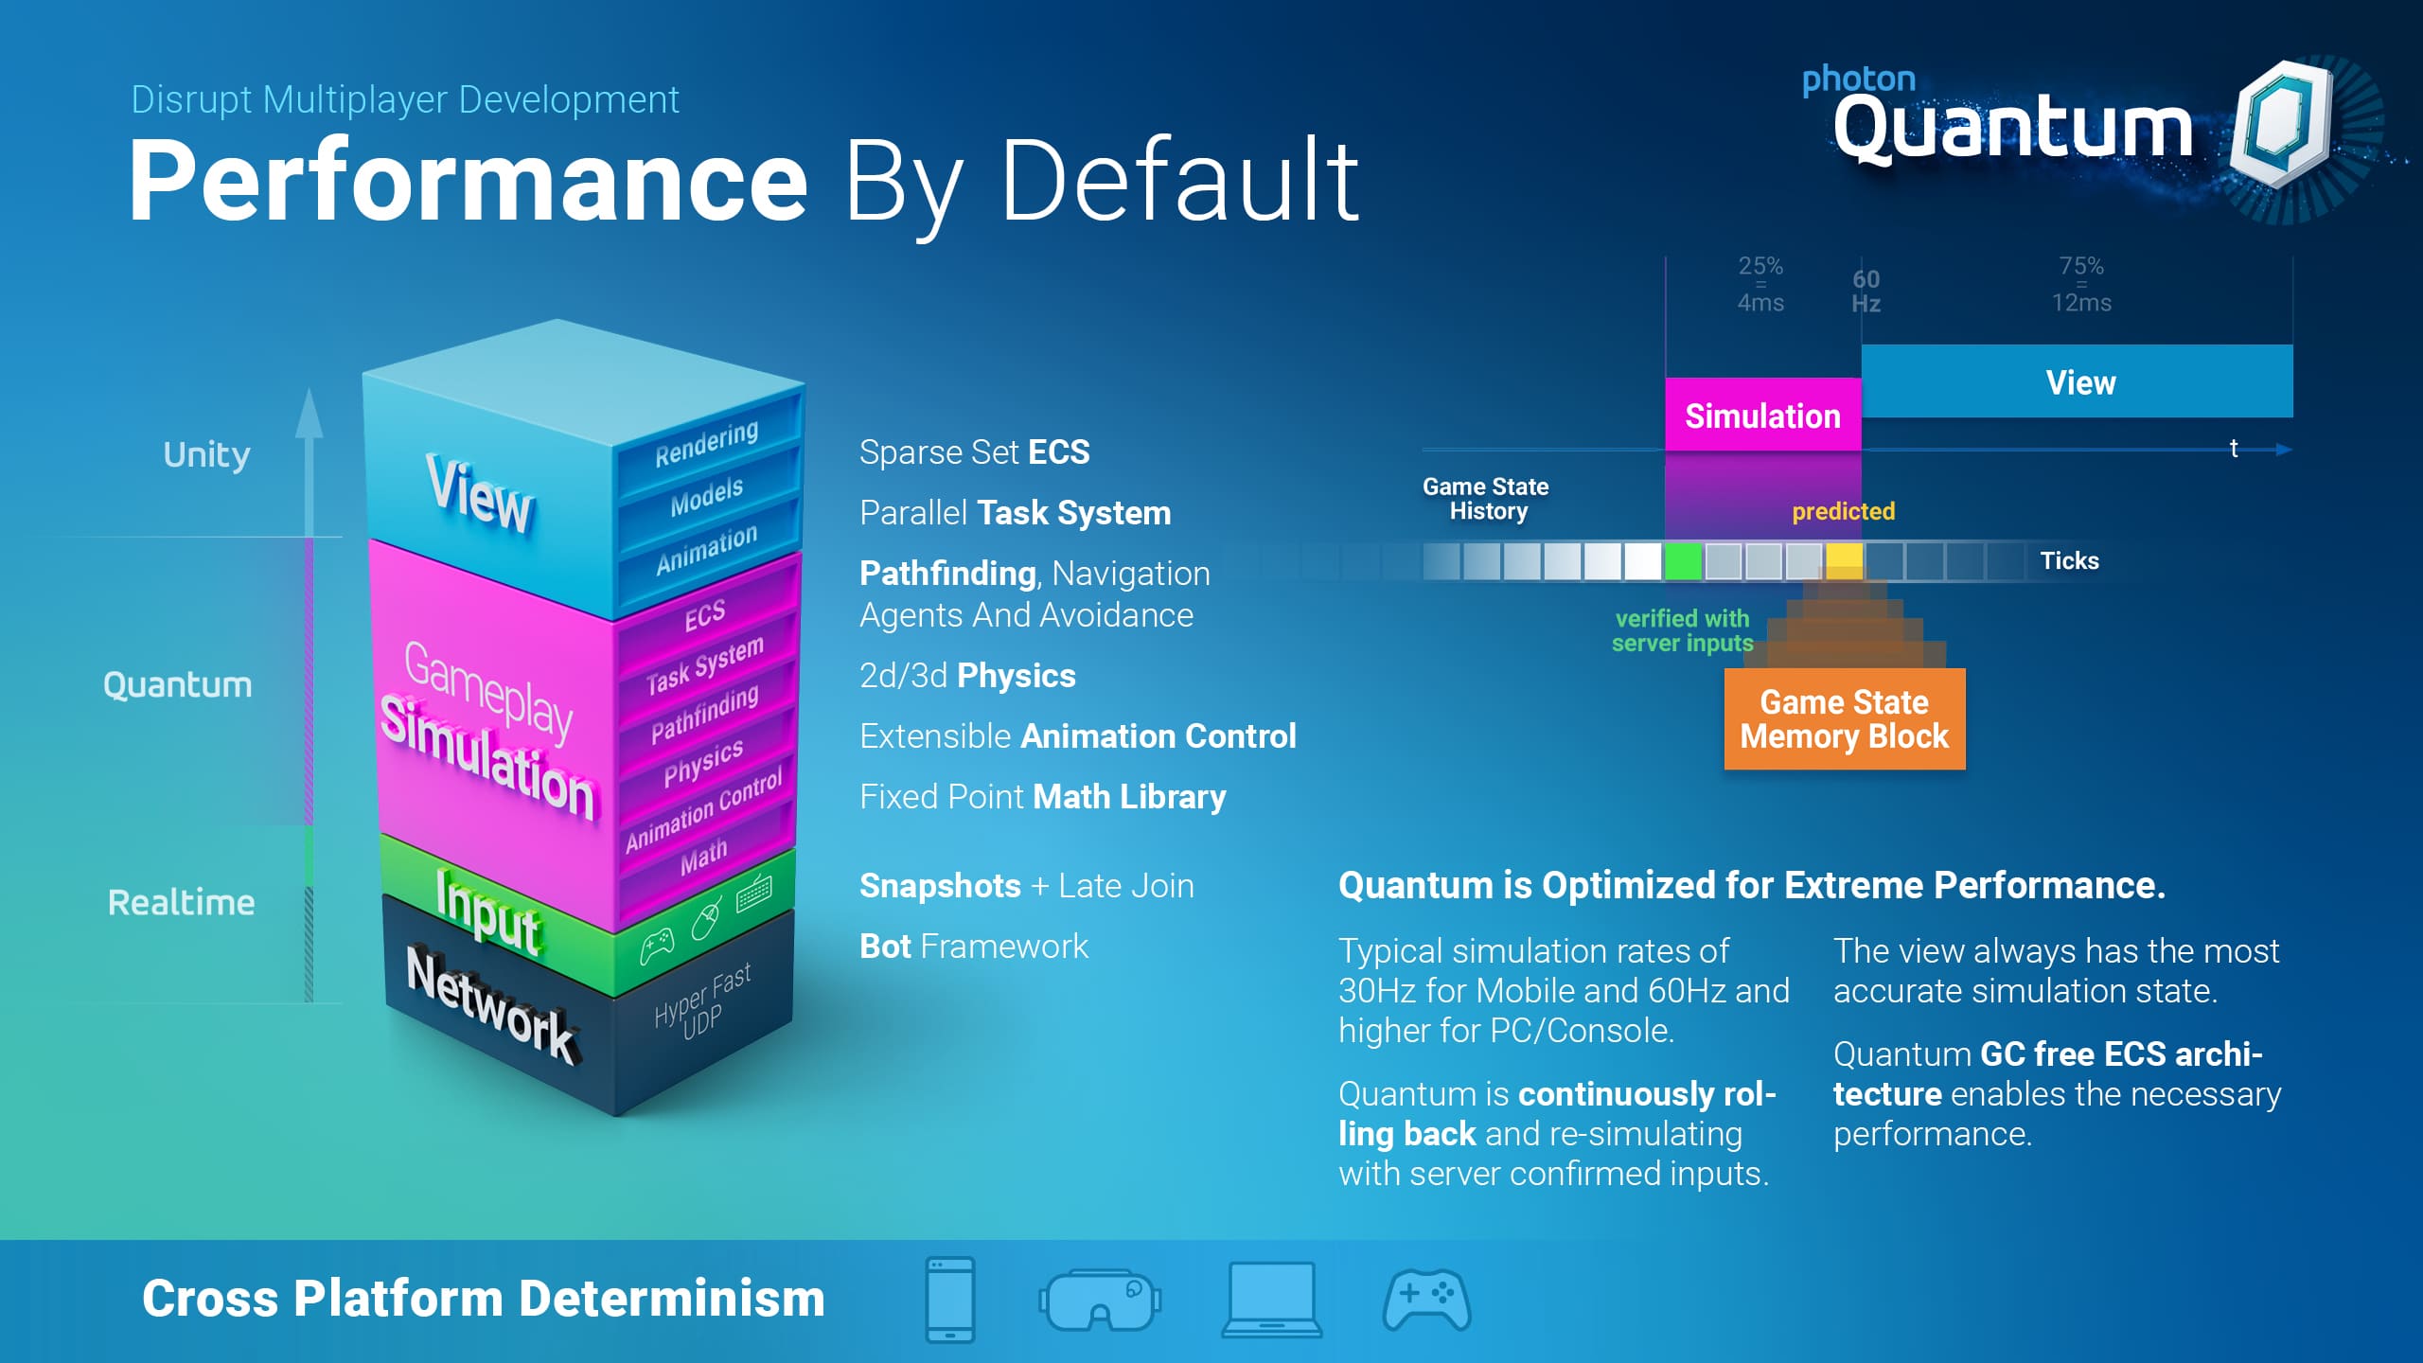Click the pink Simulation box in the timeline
coord(1763,415)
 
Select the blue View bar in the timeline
coord(2078,381)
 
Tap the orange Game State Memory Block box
coord(1845,719)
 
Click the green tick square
coord(1683,561)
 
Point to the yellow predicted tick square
coord(1844,561)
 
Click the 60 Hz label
coord(1866,292)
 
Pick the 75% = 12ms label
coord(2081,284)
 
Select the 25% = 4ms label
coord(1760,284)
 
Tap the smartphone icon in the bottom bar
coord(950,1300)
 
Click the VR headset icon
coord(1100,1300)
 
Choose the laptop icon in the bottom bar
coord(1272,1300)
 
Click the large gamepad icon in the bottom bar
coord(1427,1300)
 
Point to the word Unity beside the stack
coord(206,455)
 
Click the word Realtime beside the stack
coord(181,902)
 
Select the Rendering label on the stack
coord(707,442)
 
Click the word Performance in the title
coord(469,181)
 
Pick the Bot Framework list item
coord(974,947)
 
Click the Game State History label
coord(1486,499)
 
